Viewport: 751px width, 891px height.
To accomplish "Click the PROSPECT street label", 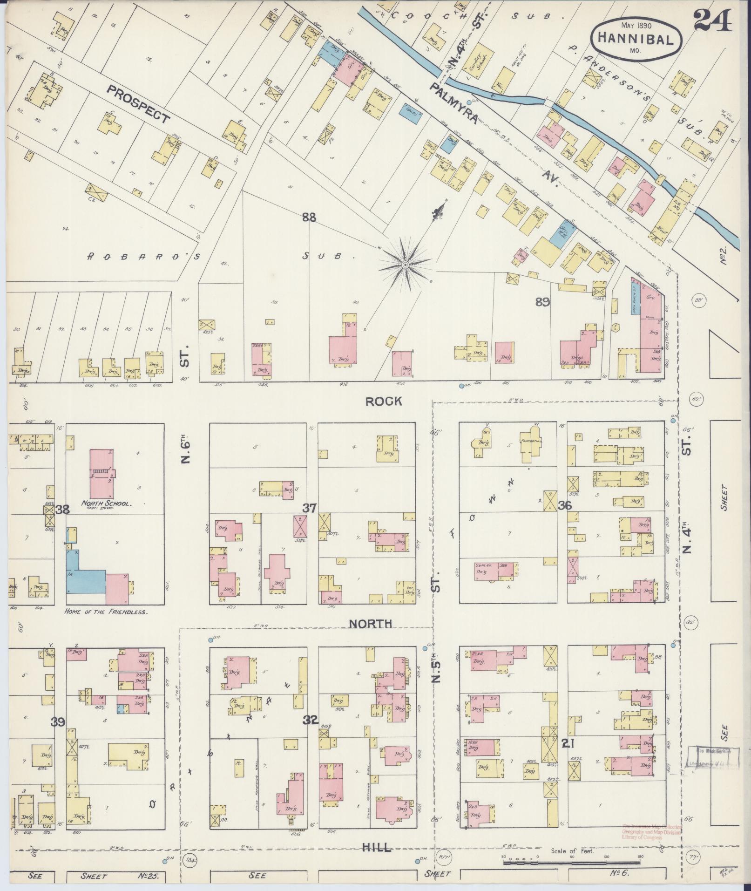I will click(138, 104).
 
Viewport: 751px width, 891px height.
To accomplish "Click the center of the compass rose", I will click(405, 265).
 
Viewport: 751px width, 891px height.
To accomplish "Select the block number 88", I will click(309, 217).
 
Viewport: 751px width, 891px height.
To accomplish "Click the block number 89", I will click(542, 302).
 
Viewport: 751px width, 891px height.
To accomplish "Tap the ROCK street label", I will click(383, 401).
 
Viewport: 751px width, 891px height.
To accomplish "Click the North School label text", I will click(108, 503).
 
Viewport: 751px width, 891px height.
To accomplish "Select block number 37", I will click(309, 508).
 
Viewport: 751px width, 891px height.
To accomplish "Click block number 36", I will click(565, 505).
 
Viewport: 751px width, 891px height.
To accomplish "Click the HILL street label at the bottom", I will click(378, 848).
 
